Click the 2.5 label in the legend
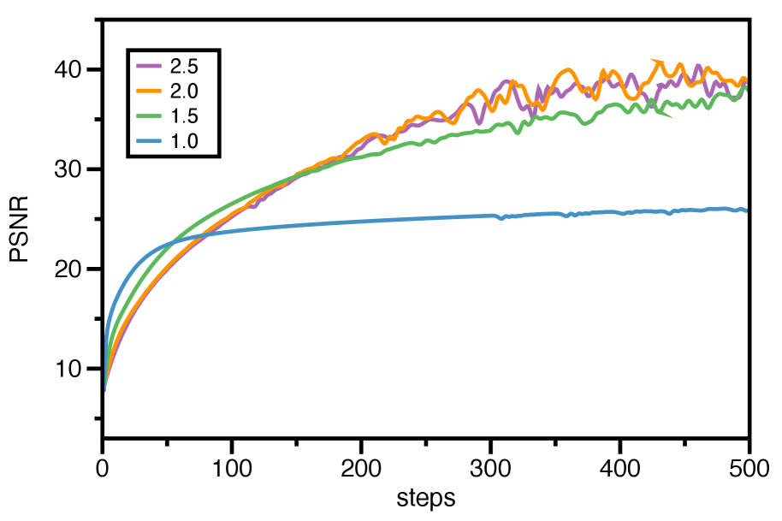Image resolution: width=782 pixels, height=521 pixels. click(x=184, y=66)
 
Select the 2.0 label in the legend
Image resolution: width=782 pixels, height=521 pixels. click(x=184, y=91)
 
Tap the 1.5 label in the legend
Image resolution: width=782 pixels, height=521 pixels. click(x=184, y=116)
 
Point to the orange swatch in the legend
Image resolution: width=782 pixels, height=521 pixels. click(x=149, y=91)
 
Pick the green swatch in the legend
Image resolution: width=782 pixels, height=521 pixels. click(x=149, y=116)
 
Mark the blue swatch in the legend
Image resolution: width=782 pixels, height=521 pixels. click(x=149, y=141)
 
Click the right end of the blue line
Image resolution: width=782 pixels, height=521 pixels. click(x=746, y=210)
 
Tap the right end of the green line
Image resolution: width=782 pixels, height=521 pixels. click(x=746, y=88)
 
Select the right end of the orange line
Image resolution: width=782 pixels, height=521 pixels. click(x=746, y=80)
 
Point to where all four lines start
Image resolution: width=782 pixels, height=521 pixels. click(x=105, y=390)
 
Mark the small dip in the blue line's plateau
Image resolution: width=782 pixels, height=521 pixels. click(x=502, y=218)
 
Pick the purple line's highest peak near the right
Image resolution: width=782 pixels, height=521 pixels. click(x=699, y=65)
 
